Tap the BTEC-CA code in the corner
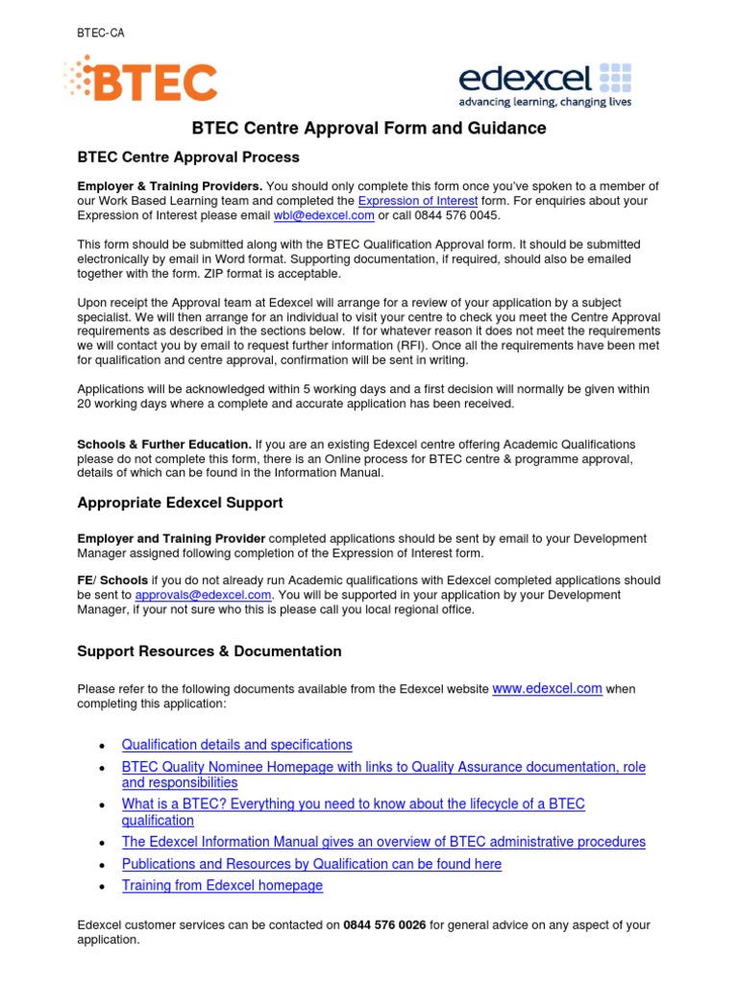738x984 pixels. [100, 34]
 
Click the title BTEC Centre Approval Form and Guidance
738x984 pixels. [369, 128]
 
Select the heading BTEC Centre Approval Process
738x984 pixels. [188, 157]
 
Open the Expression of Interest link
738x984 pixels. [417, 201]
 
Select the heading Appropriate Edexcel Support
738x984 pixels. [180, 503]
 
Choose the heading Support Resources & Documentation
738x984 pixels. [209, 651]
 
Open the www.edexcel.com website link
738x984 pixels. [547, 689]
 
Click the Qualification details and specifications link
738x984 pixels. [236, 745]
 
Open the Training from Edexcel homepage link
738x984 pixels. [222, 886]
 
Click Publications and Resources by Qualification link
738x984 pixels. [311, 864]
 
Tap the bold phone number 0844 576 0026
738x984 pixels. [384, 925]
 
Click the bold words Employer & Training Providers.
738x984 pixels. [169, 185]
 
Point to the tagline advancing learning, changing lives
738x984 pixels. [545, 102]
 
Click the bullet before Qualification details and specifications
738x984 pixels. [102, 747]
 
